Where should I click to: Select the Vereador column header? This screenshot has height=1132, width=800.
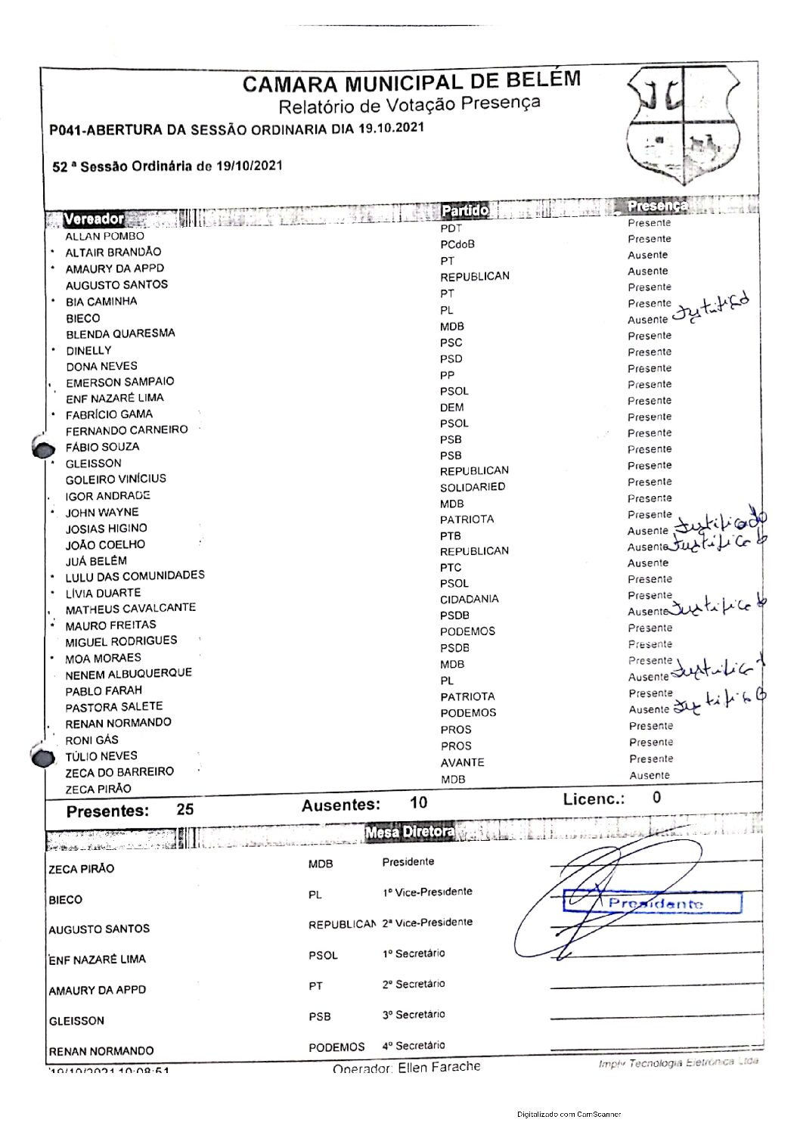pos(94,219)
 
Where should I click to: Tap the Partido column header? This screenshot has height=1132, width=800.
pos(465,210)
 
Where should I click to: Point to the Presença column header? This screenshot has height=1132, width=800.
pos(657,206)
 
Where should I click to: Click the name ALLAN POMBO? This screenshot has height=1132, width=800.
pos(104,236)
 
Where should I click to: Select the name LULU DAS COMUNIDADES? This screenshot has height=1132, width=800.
pos(135,576)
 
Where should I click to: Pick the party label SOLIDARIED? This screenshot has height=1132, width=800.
pos(473,488)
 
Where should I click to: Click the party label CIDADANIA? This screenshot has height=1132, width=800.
pos(470,599)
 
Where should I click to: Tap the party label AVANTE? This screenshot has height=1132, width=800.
pos(462,762)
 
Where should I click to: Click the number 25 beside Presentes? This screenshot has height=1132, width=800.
pos(185,809)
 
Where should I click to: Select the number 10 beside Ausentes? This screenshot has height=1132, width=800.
pos(418,803)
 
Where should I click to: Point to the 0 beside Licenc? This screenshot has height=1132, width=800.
pos(656,797)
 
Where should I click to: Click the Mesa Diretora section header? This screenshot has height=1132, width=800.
pos(410,833)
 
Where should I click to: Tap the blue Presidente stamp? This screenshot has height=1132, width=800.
pos(653,903)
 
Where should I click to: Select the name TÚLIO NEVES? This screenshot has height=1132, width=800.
pos(101,756)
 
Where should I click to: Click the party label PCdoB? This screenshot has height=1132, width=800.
pos(457,244)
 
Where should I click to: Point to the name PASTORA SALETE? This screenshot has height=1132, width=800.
pos(114,707)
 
